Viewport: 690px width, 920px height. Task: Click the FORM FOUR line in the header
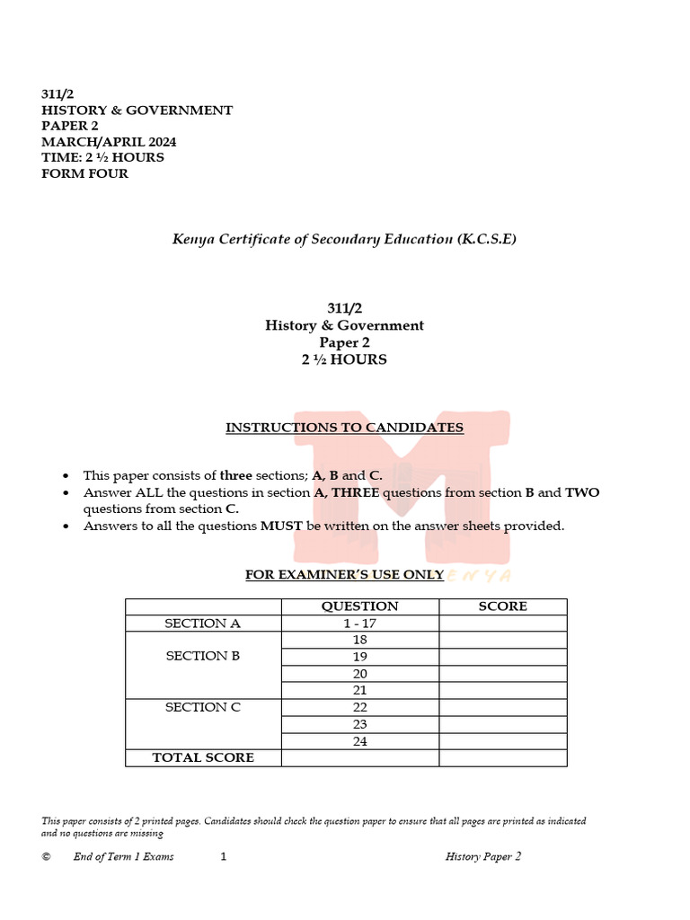pyautogui.click(x=84, y=173)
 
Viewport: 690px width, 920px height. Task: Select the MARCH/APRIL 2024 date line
pyautogui.click(x=109, y=142)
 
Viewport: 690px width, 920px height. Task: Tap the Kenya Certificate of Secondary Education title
pyautogui.click(x=344, y=239)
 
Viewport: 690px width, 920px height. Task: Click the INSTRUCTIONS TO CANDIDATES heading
pyautogui.click(x=344, y=428)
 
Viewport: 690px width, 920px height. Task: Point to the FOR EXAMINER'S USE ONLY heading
pyautogui.click(x=344, y=575)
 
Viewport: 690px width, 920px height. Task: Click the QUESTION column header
pyautogui.click(x=359, y=606)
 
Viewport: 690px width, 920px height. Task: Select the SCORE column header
pyautogui.click(x=502, y=606)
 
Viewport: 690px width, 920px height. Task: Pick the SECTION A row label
pyautogui.click(x=202, y=624)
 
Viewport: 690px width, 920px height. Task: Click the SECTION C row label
pyautogui.click(x=202, y=707)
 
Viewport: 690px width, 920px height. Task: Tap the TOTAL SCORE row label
pyautogui.click(x=203, y=757)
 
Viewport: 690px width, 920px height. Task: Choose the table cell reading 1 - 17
pyautogui.click(x=359, y=624)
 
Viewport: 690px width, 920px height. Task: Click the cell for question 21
pyautogui.click(x=359, y=690)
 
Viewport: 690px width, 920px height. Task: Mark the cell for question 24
pyautogui.click(x=359, y=741)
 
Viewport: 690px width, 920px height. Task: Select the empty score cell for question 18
pyautogui.click(x=502, y=640)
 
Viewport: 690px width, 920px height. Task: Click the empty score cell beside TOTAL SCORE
pyautogui.click(x=502, y=757)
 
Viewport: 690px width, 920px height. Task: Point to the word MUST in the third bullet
pyautogui.click(x=281, y=526)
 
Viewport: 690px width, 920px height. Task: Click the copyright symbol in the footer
pyautogui.click(x=46, y=857)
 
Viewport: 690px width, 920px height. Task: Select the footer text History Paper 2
pyautogui.click(x=483, y=857)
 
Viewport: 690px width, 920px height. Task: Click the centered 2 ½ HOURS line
pyautogui.click(x=344, y=359)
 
